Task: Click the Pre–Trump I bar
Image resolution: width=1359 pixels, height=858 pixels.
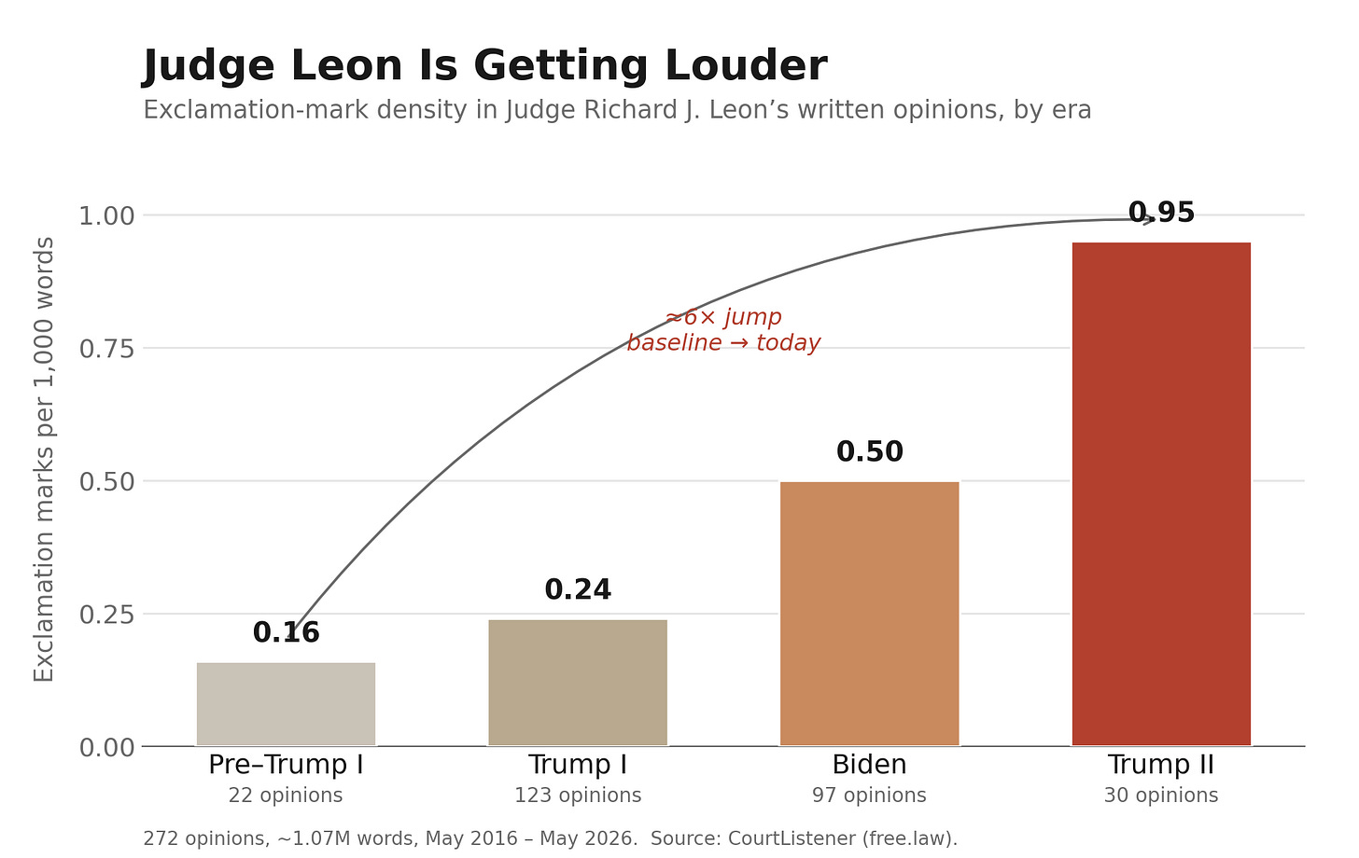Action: [286, 704]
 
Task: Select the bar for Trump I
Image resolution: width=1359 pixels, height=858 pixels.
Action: [578, 683]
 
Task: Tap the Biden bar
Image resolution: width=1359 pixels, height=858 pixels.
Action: [869, 614]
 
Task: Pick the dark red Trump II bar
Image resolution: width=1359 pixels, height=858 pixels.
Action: [1161, 494]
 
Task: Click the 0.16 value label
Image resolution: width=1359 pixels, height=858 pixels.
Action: [286, 632]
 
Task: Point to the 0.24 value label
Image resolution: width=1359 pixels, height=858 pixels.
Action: [578, 589]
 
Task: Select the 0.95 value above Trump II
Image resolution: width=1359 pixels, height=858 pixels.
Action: [1161, 213]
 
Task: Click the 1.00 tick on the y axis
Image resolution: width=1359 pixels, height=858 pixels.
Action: [106, 215]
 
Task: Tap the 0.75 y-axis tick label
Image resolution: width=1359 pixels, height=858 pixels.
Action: [106, 349]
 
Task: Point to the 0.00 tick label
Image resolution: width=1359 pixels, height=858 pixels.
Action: [106, 748]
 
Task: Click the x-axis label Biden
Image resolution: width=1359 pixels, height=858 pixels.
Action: [869, 765]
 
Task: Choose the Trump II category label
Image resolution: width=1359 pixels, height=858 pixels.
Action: [1161, 765]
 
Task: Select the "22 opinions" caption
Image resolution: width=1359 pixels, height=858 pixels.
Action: [286, 795]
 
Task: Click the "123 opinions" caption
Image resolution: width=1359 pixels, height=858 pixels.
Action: [578, 795]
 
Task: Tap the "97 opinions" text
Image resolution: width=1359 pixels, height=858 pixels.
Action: [869, 795]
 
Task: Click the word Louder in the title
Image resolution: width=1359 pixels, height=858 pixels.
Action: [747, 65]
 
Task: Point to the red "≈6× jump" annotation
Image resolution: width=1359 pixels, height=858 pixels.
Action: [723, 317]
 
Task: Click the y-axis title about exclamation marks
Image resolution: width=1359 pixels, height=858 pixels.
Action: [44, 460]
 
